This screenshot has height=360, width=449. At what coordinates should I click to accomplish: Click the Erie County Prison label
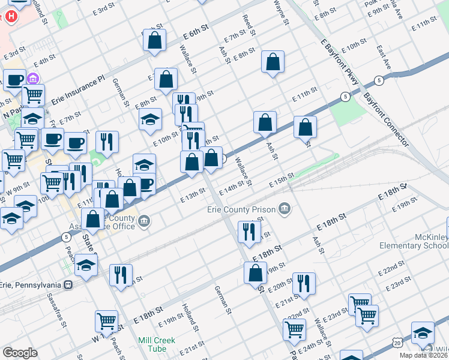241,209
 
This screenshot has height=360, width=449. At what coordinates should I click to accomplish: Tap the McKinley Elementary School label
414,241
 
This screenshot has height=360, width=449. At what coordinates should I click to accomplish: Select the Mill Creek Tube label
157,344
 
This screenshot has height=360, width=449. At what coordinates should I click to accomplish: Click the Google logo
20,353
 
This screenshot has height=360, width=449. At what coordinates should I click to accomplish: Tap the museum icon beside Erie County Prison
285,209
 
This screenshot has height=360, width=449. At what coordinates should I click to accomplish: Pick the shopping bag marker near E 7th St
273,62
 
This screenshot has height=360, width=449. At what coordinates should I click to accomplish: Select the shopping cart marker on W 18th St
106,321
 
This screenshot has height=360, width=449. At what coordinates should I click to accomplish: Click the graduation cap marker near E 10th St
151,119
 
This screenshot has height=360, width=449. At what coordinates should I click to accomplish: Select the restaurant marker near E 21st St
304,284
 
